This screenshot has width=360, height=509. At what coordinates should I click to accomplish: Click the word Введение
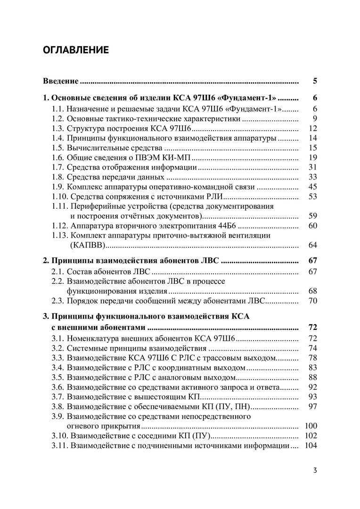pyautogui.click(x=61, y=81)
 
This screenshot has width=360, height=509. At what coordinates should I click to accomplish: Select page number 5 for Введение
pyautogui.click(x=315, y=81)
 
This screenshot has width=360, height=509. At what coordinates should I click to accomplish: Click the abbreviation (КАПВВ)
pyautogui.click(x=87, y=245)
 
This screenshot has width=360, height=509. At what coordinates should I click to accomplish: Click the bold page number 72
pyautogui.click(x=312, y=328)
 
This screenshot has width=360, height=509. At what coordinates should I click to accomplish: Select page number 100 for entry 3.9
pyautogui.click(x=311, y=426)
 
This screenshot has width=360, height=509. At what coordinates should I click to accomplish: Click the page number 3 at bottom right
pyautogui.click(x=315, y=470)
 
